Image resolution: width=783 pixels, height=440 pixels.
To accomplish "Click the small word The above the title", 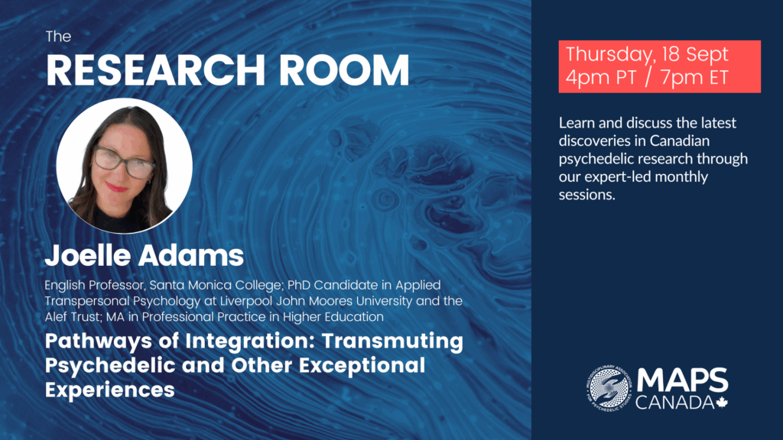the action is coord(58,37).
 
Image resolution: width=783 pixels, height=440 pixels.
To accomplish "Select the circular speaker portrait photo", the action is coord(125,166).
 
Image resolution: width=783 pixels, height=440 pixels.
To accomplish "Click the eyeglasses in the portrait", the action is coord(124,161).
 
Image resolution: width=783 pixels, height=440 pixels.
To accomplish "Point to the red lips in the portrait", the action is coord(116,188).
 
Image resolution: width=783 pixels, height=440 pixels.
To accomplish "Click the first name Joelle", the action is coord(88,255).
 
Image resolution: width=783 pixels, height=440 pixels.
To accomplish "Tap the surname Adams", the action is coord(191,255).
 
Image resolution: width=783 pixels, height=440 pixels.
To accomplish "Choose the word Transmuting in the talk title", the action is coord(392,342).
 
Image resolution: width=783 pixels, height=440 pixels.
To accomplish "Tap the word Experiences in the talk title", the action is coord(110,390).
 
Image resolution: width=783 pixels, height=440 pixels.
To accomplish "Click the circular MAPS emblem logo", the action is coord(609,388).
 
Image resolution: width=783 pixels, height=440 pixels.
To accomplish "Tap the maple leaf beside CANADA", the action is coord(722,402).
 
